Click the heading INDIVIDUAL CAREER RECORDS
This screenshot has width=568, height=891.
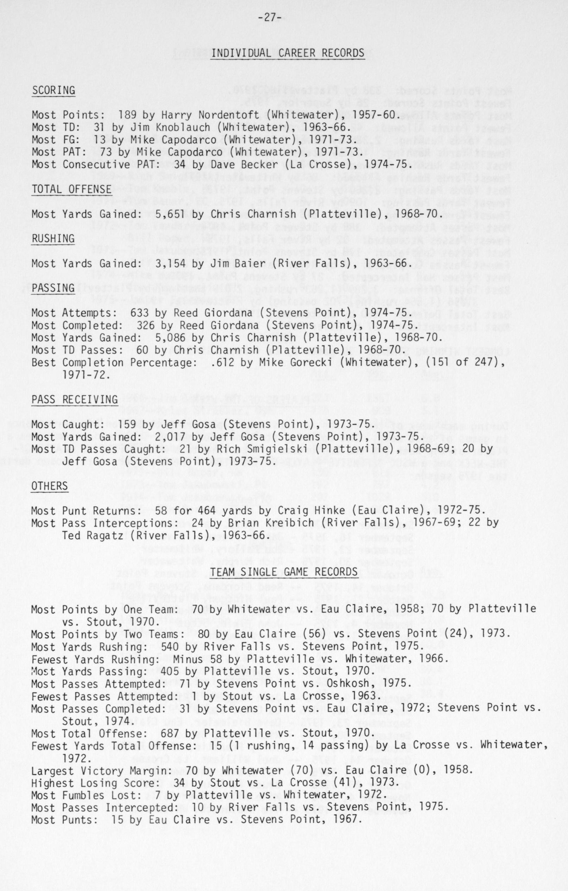click(287, 53)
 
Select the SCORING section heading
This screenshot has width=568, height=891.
click(53, 90)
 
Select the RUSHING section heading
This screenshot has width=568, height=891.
click(53, 239)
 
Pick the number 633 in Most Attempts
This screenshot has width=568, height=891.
click(139, 313)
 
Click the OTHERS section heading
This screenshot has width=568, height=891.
click(50, 486)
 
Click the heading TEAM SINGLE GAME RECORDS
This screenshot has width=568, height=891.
click(284, 572)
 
